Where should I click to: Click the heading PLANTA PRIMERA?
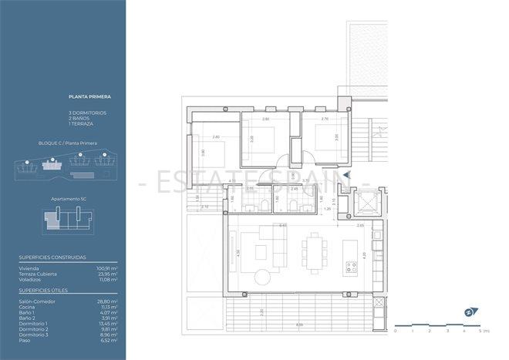pos(89,97)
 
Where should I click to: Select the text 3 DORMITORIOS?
pos(87,113)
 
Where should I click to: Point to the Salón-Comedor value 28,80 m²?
pos(106,301)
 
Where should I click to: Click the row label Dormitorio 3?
pos(35,335)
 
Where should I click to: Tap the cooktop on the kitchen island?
pos(352,267)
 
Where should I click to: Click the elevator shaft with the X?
pos(362,205)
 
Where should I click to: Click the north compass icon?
pos(468,313)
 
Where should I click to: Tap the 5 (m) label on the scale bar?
pos(484,330)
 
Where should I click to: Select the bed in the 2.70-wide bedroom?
pos(321,142)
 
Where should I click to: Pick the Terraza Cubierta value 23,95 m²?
pos(106,274)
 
